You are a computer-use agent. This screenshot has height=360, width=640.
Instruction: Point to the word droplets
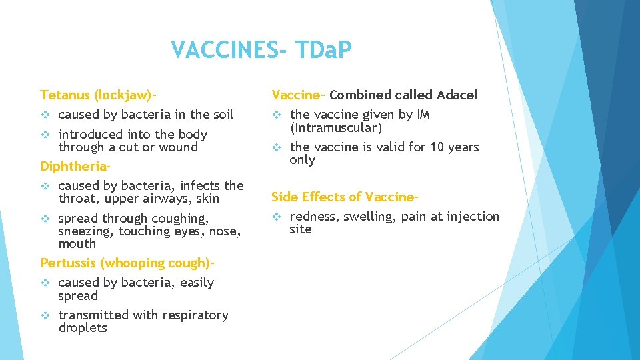pyautogui.click(x=83, y=328)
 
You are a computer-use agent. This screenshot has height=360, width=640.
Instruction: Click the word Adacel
pyautogui.click(x=456, y=95)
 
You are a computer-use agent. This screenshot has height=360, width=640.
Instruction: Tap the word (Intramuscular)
pyautogui.click(x=336, y=128)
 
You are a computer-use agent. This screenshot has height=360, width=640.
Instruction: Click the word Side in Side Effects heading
pyautogui.click(x=284, y=197)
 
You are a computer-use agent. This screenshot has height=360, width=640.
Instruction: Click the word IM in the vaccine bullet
pyautogui.click(x=423, y=115)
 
